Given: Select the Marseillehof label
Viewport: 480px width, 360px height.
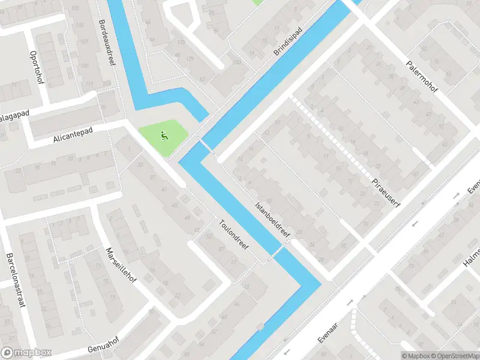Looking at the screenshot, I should (119, 268).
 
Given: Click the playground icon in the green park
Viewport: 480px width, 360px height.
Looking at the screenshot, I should (163, 136).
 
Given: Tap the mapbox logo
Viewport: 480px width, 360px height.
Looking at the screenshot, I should (25, 353).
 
